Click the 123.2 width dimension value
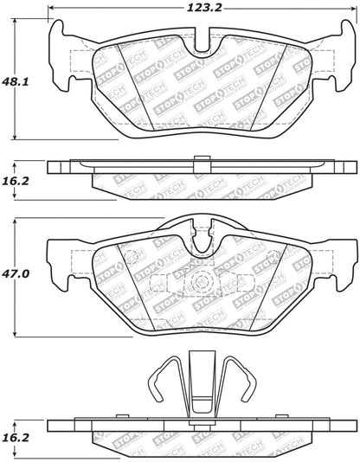click(204, 8)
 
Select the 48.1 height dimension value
click(16, 81)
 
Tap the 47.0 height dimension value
click(16, 273)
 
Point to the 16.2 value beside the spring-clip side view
click(16, 438)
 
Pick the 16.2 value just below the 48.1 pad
click(16, 181)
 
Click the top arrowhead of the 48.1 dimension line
click(15, 22)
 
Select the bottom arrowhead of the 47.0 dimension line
click(15, 333)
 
